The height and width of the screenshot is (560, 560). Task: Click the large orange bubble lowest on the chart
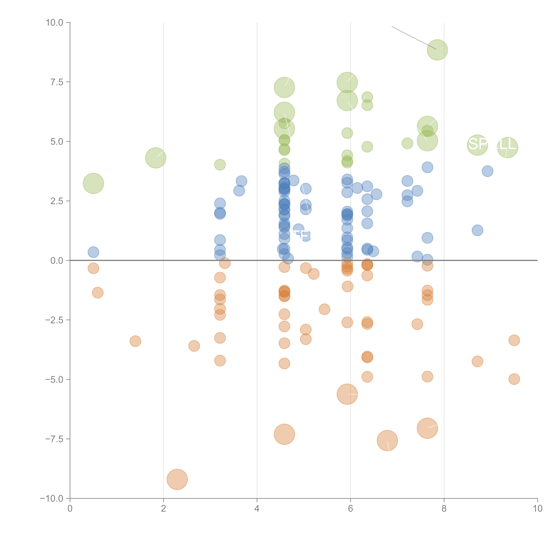(x=177, y=479)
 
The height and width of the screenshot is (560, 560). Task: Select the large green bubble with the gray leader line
(x=437, y=50)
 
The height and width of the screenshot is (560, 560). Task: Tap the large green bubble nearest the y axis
(x=93, y=183)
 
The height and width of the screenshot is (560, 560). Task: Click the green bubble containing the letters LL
(x=507, y=148)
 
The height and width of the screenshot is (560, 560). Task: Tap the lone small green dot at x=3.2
(x=220, y=165)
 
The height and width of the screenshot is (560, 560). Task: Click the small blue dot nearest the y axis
(x=93, y=252)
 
